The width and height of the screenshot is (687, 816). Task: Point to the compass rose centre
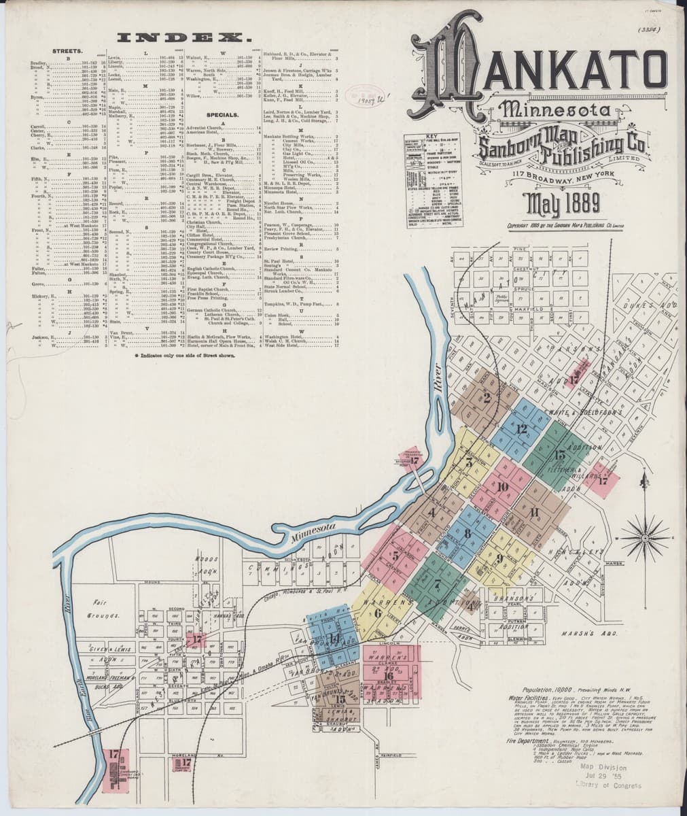coord(642,530)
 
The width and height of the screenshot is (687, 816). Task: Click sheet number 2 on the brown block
coord(487,398)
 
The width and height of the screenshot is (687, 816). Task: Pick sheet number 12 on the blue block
coord(522,428)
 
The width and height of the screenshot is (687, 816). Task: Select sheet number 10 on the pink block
coord(503,487)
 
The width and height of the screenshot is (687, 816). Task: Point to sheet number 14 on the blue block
coord(334,639)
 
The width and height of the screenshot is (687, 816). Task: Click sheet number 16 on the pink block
coord(389,675)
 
